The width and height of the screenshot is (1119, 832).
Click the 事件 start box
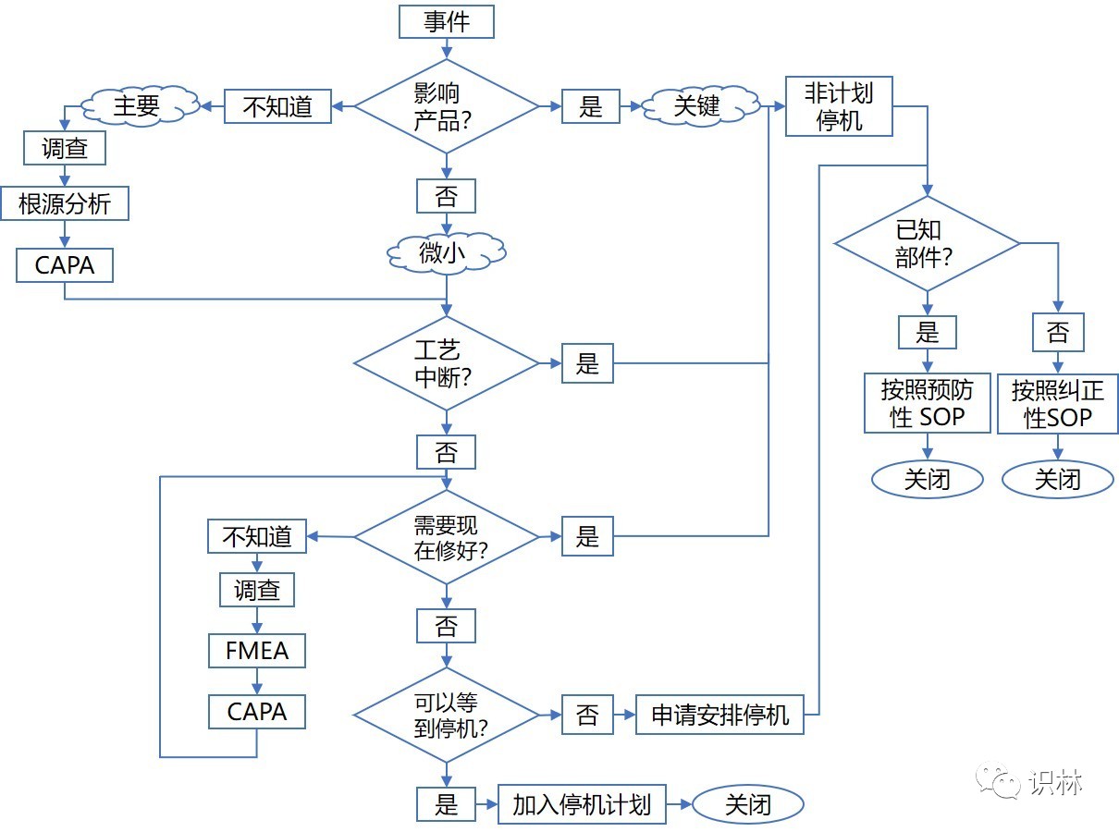[x=447, y=21]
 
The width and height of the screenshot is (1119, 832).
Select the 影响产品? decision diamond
[x=447, y=106]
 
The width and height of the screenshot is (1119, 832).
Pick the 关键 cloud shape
[x=700, y=106]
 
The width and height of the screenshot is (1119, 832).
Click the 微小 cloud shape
[x=446, y=252]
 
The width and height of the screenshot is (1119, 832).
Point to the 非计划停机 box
[x=839, y=106]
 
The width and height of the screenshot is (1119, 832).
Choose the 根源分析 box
[x=65, y=203]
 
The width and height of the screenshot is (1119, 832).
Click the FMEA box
[x=257, y=651]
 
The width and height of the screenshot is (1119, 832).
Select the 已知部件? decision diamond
[x=928, y=244]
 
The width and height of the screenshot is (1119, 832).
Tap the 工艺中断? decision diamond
[x=447, y=363]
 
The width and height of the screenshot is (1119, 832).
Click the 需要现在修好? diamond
[x=447, y=537]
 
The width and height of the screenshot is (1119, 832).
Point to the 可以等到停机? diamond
[x=447, y=715]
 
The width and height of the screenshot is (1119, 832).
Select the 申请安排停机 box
[x=719, y=715]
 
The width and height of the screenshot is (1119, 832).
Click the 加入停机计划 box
[x=582, y=804]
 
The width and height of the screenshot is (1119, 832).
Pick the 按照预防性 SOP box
[x=928, y=403]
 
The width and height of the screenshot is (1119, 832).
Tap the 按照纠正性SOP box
[x=1058, y=404]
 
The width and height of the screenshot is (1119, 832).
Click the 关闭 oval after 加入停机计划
[x=747, y=804]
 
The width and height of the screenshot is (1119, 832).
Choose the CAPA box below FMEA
[x=257, y=712]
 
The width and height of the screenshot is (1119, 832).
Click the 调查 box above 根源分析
[x=65, y=148]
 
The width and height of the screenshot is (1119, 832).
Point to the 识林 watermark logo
[x=1029, y=781]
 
